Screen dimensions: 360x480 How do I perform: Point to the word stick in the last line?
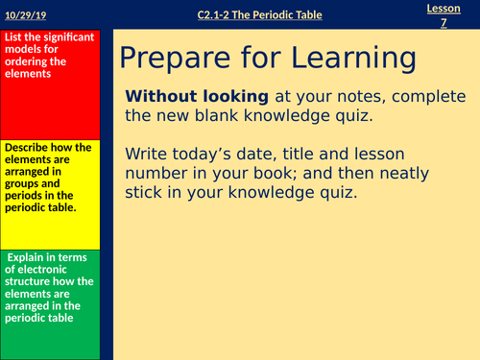(144, 191)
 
